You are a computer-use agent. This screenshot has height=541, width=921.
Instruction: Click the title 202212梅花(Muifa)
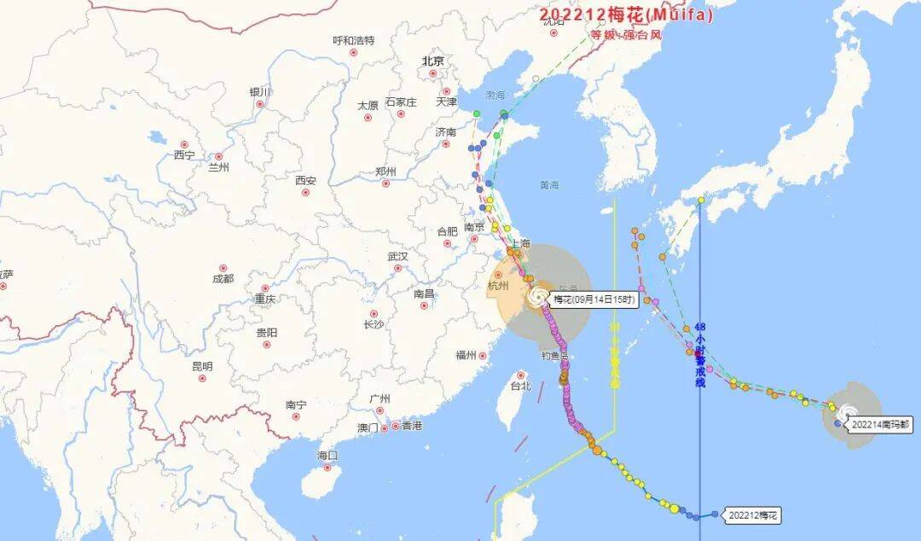625,15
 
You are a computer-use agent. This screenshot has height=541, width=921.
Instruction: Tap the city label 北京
432,61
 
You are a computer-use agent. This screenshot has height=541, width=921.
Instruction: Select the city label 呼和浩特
353,40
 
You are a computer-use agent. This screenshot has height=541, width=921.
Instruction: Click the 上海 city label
520,243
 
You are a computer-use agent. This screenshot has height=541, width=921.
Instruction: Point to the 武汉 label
397,256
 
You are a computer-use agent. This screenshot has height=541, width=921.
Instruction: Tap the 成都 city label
223,278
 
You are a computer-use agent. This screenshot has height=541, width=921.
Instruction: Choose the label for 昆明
202,366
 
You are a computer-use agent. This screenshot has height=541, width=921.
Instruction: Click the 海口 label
327,456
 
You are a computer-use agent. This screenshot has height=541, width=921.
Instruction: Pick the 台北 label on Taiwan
520,386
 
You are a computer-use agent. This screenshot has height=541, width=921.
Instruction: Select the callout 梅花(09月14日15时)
595,300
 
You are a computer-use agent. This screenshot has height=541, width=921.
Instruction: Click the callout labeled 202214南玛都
881,423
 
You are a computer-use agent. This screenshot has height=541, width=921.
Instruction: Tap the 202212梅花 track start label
752,515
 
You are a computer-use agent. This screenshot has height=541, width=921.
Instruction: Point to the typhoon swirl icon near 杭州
537,296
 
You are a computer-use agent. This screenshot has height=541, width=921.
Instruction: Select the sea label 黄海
549,185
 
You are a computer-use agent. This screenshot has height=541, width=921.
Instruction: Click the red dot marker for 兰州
218,157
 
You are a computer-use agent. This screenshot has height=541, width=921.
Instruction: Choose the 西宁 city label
184,155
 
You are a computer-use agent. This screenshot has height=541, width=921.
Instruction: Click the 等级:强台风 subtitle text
626,35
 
